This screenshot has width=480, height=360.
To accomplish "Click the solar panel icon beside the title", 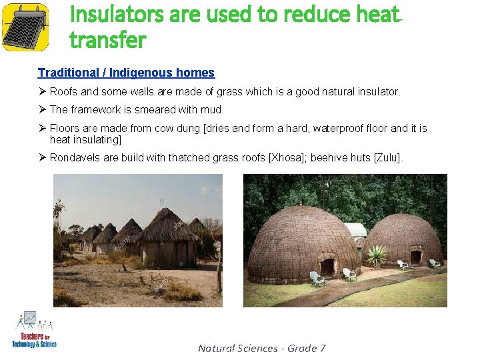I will coord(25,27).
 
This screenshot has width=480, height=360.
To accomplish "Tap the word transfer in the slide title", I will coord(107,40).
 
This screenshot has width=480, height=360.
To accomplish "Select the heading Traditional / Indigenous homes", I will coord(126,73).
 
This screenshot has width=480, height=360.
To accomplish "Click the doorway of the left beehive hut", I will coord(327,267).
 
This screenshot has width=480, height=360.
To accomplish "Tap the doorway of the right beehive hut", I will coord(415,257).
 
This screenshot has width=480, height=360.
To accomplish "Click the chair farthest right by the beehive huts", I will coord(434,263).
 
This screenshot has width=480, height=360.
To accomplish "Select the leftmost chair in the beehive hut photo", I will coord(316,279).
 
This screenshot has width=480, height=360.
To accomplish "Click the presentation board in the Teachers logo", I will coord(29,319).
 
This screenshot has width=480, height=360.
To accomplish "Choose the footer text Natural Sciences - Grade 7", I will coord(261,348).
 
